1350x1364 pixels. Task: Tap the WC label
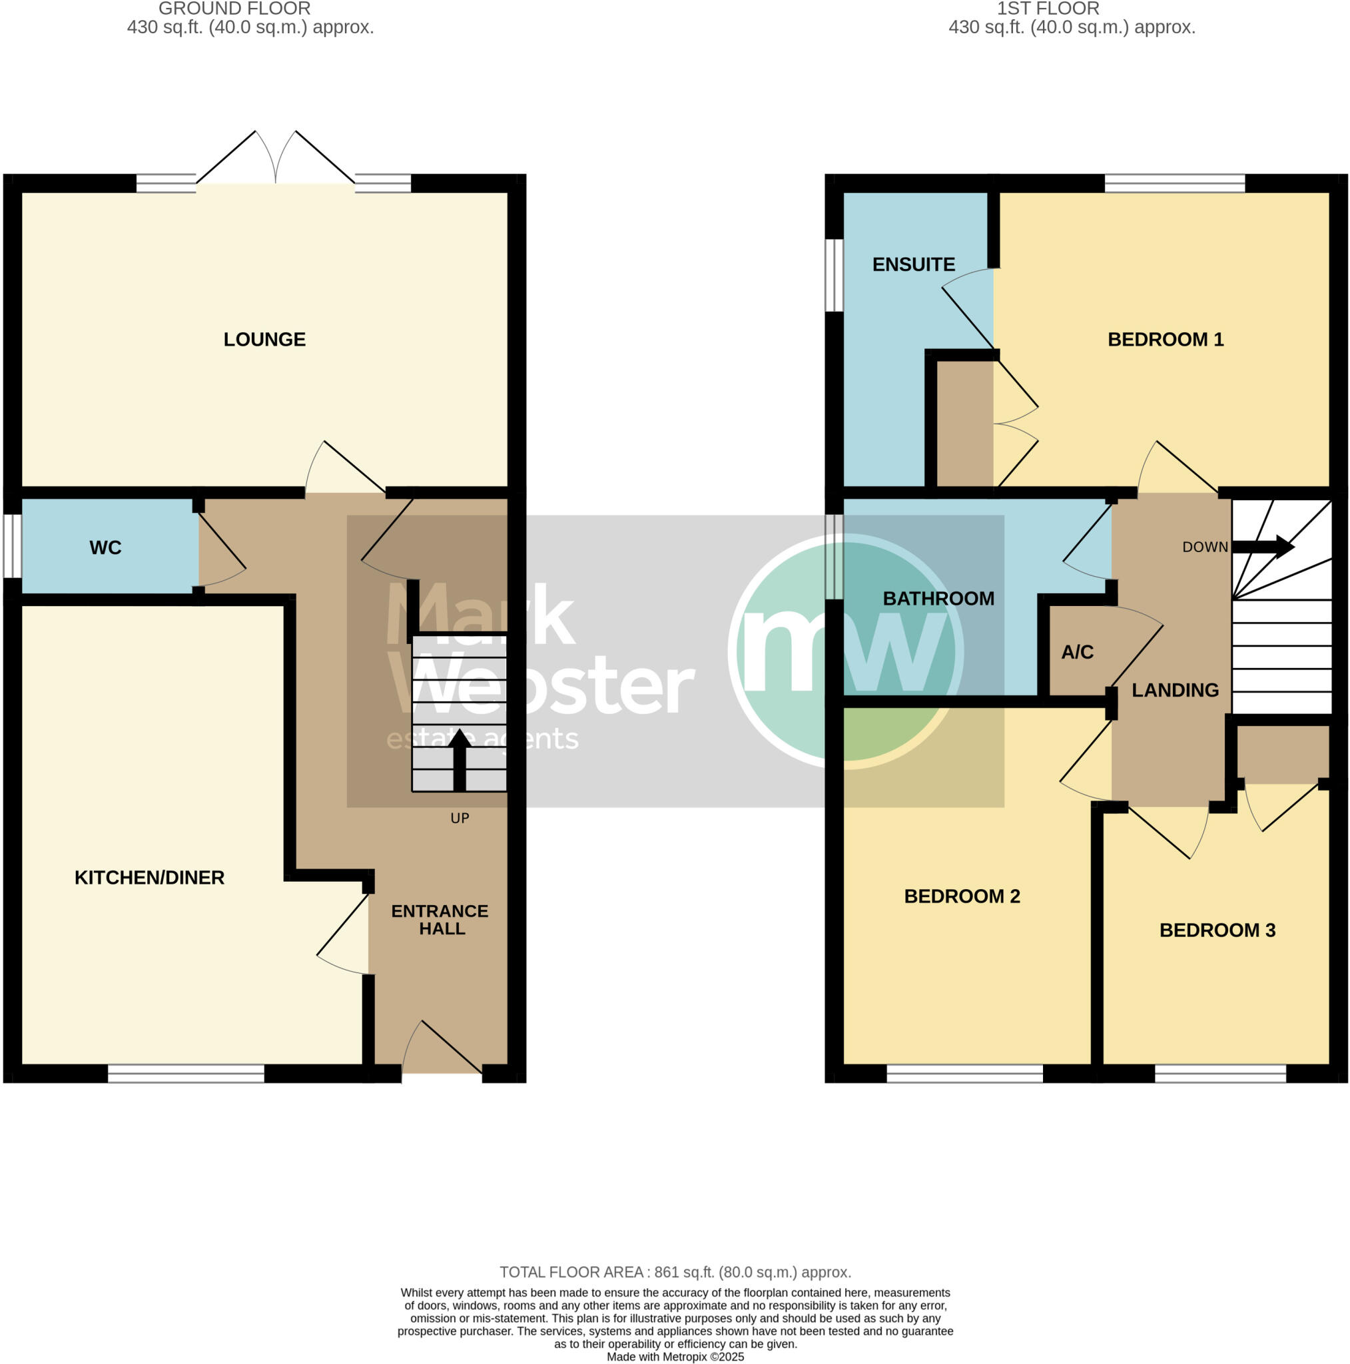pos(105,548)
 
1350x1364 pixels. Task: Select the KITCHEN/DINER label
pos(149,878)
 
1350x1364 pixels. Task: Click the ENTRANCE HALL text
pos(440,920)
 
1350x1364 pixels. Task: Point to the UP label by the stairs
pos(460,819)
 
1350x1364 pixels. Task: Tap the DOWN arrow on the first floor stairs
pos(1263,546)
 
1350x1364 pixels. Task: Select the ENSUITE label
pos(913,265)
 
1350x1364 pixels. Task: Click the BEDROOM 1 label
pos(1165,340)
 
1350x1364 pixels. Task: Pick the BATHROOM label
pos(938,599)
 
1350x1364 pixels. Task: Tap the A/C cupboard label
pos(1077,652)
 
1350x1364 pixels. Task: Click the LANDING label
pos(1175,691)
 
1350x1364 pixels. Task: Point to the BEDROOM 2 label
pos(962,896)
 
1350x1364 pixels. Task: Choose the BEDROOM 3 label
pos(1217,930)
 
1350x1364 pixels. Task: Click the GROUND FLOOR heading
pos(234,9)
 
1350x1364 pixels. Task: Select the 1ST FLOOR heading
pos(1048,9)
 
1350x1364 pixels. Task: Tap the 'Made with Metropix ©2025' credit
pos(675,1357)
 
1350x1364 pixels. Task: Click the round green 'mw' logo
pos(846,651)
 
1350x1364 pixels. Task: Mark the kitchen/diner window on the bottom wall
pos(186,1074)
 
